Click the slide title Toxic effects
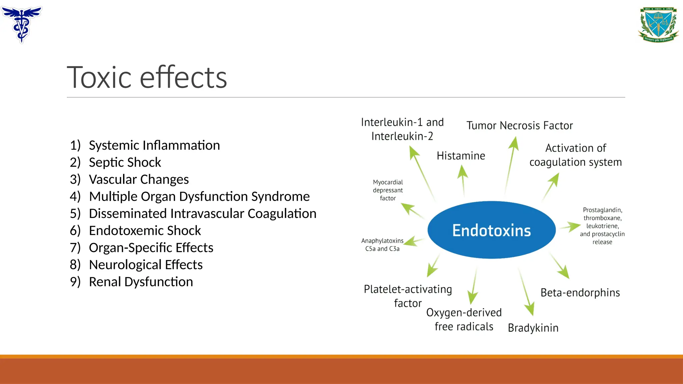[x=147, y=77]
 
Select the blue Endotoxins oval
[x=491, y=230]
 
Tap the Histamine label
[x=461, y=156]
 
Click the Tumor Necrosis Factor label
[x=519, y=126]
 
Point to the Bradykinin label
[x=533, y=328]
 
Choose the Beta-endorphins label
[x=580, y=293]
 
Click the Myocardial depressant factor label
[x=388, y=190]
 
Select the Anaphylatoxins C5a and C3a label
[x=382, y=245]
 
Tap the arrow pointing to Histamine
[x=463, y=180]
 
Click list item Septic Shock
[x=125, y=162]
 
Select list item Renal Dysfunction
[x=141, y=282]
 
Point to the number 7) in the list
[x=75, y=248]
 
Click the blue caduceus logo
[x=22, y=24]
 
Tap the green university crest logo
[x=658, y=25]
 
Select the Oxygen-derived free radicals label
[x=464, y=319]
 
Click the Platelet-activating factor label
[x=408, y=296]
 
